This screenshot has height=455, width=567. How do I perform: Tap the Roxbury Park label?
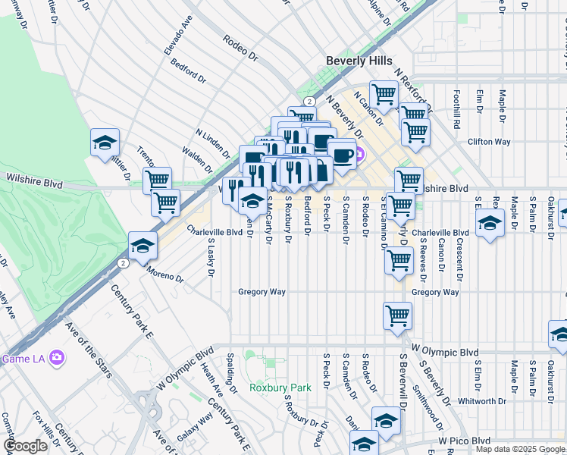click(280, 388)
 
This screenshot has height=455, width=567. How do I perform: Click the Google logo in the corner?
click(25, 446)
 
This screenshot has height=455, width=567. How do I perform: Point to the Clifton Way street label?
click(489, 142)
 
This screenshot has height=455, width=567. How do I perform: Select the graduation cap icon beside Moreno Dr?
click(142, 246)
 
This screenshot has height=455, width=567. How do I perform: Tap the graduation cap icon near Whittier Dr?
click(105, 143)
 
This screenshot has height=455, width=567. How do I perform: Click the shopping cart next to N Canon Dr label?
click(384, 95)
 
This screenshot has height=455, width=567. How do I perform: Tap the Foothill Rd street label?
click(456, 109)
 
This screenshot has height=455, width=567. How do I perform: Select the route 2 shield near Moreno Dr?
click(122, 262)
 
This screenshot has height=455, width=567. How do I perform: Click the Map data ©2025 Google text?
click(519, 449)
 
